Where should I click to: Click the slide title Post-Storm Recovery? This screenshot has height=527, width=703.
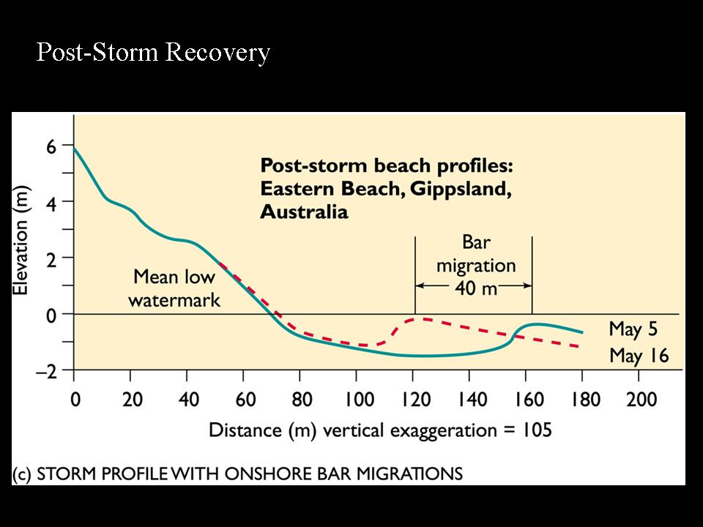click(x=153, y=53)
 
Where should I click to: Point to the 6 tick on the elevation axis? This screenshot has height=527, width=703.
click(x=51, y=146)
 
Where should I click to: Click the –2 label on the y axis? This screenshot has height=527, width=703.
click(x=46, y=371)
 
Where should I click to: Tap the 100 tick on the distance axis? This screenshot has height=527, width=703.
click(x=356, y=400)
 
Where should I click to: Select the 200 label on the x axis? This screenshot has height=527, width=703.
click(x=639, y=400)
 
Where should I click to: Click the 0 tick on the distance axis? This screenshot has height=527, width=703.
click(x=73, y=400)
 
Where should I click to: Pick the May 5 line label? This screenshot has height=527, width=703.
click(x=634, y=329)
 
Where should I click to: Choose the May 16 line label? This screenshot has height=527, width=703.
click(x=639, y=357)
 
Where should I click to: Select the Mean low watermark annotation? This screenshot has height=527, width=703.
click(x=174, y=288)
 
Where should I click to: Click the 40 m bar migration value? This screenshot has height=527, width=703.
click(x=475, y=288)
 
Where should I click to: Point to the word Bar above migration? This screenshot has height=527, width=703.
click(x=476, y=243)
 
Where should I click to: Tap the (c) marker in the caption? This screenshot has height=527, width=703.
click(x=22, y=474)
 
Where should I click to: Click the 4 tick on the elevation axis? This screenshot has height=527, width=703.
click(x=51, y=201)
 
